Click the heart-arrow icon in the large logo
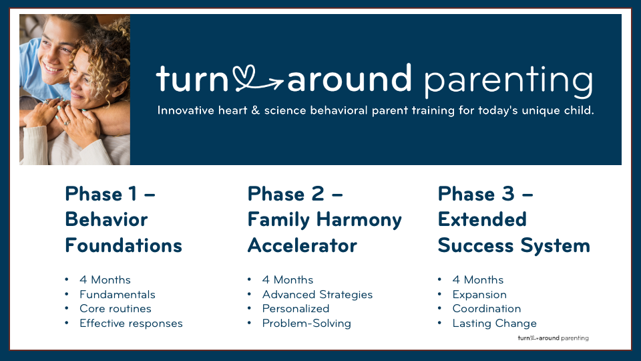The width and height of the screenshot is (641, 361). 258,79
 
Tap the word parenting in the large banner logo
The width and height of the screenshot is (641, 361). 508,82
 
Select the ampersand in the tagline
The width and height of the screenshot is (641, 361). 256,110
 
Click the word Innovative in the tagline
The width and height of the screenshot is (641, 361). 186,110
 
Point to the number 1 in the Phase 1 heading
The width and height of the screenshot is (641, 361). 132,194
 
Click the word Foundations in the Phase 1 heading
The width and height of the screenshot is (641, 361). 124,245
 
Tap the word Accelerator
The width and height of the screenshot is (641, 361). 302,245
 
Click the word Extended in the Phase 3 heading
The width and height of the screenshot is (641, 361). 482,219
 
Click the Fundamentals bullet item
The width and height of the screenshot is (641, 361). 118,294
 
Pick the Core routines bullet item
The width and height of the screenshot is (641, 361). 116,309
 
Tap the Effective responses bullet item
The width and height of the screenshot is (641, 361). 131,324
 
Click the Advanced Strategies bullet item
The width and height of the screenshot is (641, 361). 317,295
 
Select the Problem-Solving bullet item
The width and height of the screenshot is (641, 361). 306,324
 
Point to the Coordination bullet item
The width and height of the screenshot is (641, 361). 487,309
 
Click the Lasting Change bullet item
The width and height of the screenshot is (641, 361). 494,324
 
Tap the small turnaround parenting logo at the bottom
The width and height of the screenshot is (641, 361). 553,338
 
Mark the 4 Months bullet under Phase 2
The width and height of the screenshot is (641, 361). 287,280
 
